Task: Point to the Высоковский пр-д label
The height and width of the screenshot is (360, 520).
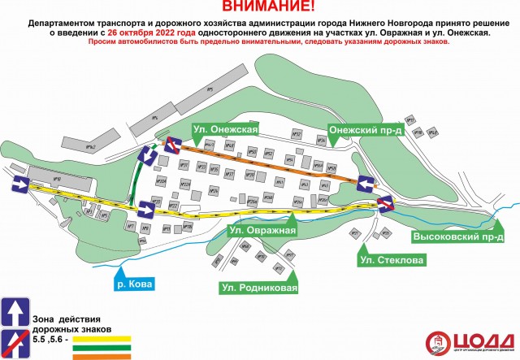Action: (459, 236)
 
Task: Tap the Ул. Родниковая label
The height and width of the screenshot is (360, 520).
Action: (259, 288)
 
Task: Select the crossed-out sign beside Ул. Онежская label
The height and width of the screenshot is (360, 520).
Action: (172, 145)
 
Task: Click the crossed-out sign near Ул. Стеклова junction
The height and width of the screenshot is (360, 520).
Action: (384, 203)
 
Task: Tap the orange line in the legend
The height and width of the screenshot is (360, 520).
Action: (102, 355)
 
